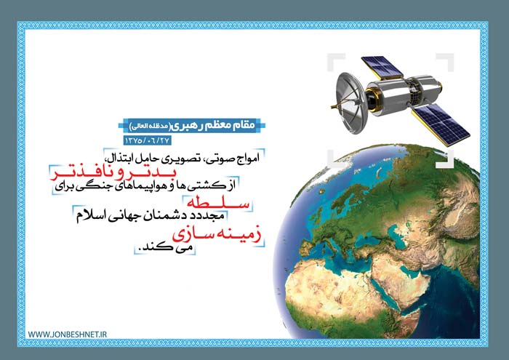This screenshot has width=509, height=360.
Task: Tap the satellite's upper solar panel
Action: click(x=382, y=68)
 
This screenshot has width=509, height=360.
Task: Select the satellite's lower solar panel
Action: click(x=441, y=124)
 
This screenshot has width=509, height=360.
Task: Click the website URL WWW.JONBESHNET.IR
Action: click(x=67, y=335)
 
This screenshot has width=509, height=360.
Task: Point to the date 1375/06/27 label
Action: click(x=147, y=140)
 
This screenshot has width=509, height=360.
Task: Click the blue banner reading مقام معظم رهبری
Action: click(x=192, y=126)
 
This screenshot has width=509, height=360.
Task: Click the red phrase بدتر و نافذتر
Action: click(x=112, y=174)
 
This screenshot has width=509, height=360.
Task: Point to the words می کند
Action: click(x=166, y=248)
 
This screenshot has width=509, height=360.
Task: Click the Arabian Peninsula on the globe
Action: click(x=401, y=279)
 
